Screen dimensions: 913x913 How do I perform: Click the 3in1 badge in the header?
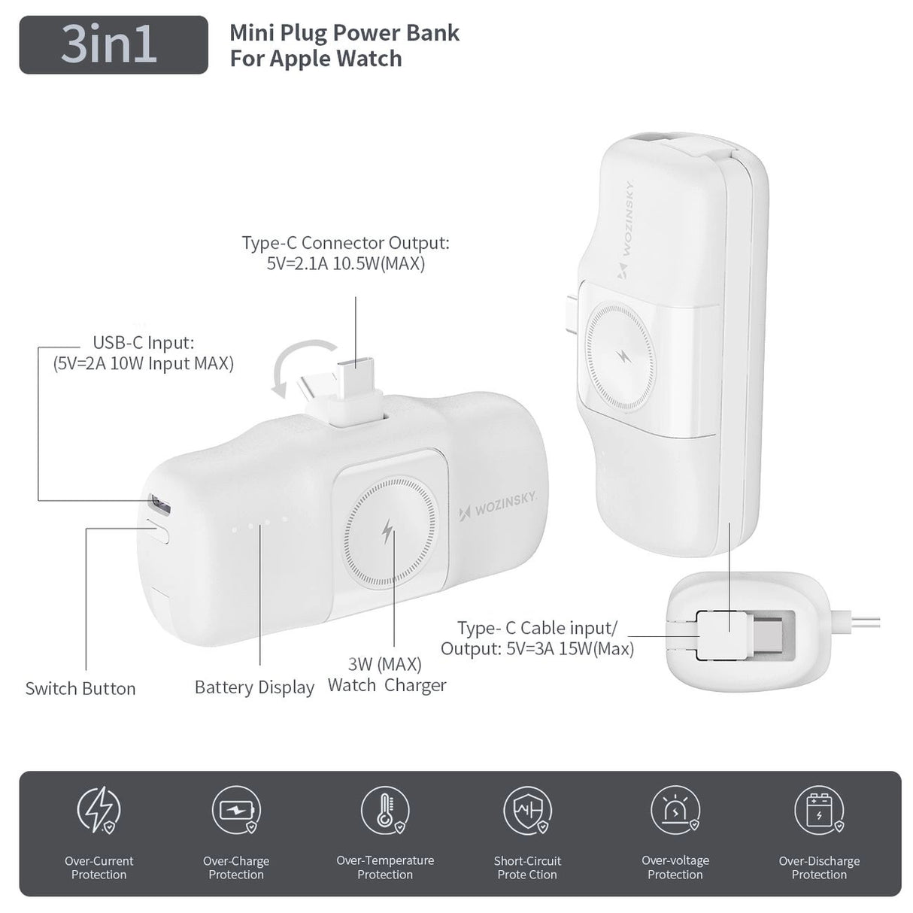point(114,44)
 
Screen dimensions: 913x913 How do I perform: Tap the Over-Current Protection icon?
point(99,810)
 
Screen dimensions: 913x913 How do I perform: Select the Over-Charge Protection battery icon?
point(236,810)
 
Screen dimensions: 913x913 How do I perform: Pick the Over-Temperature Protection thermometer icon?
point(385,810)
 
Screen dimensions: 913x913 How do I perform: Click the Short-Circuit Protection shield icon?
point(527,810)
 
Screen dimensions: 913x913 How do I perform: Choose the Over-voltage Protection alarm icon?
point(675,810)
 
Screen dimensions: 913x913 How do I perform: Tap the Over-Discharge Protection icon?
point(819,810)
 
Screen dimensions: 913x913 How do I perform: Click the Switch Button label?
point(80,688)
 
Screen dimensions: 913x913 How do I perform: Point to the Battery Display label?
point(254,687)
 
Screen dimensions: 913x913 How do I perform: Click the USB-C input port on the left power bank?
point(160,501)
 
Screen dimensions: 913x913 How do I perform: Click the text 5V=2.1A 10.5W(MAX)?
point(346,264)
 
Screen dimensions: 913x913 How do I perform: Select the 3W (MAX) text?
point(384,664)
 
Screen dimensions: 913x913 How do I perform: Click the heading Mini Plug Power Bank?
point(344,33)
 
